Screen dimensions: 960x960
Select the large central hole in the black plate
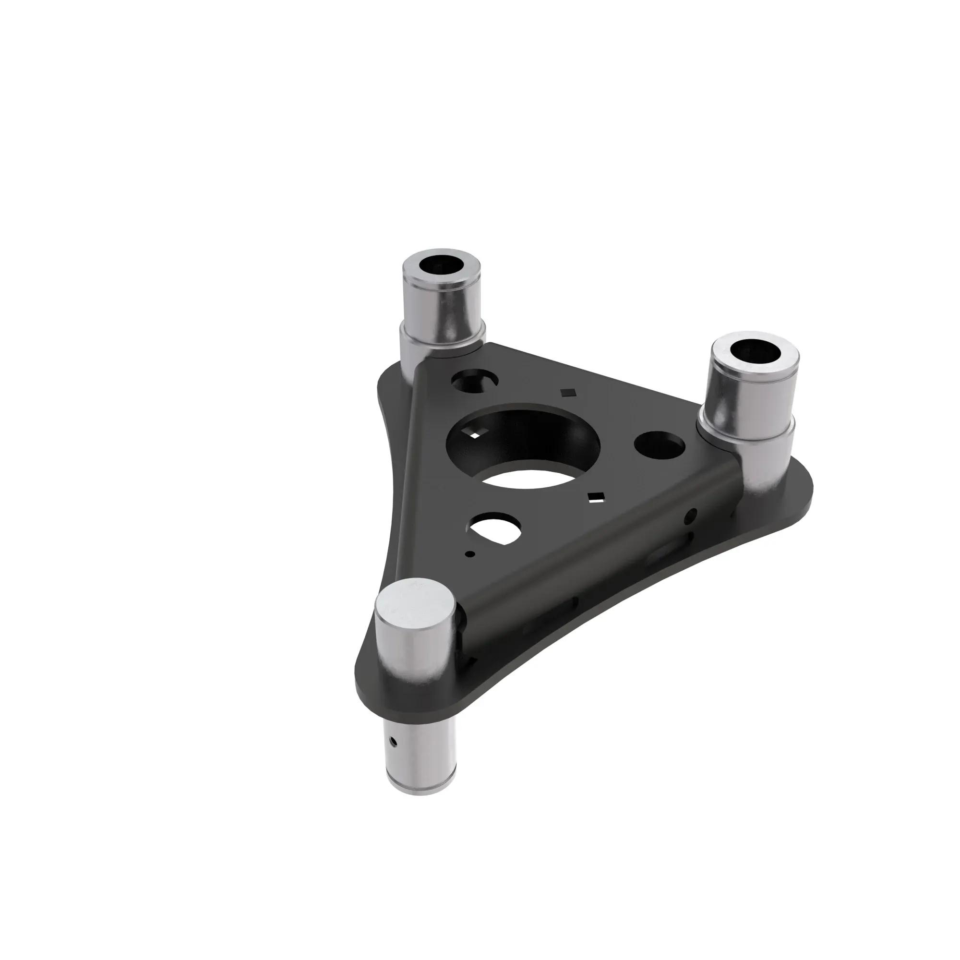click(x=524, y=448)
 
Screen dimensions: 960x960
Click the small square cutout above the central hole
click(x=567, y=393)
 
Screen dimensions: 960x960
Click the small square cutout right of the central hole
click(x=594, y=497)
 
